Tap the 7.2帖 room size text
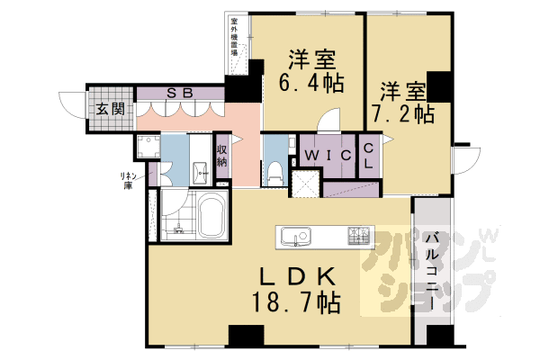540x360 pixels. click(402, 115)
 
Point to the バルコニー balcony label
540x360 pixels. click(433, 271)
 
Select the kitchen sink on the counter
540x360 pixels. click(296, 238)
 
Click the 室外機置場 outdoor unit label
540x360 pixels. click(236, 36)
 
